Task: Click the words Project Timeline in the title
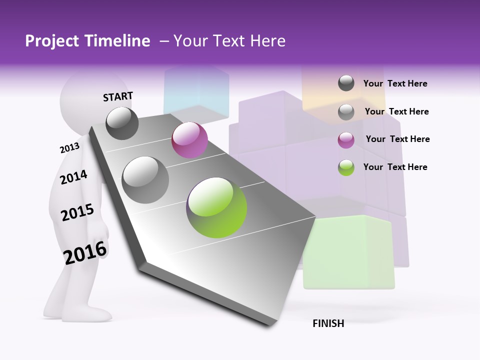[87, 41]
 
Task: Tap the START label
[118, 96]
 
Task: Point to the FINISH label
[328, 323]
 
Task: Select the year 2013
[69, 148]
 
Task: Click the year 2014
[73, 177]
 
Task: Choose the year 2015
[77, 212]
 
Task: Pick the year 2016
[85, 252]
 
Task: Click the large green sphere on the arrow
[216, 207]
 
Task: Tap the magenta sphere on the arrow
[189, 140]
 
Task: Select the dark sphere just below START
[122, 123]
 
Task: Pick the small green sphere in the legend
[346, 167]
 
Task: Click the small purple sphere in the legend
[346, 140]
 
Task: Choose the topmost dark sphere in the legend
[346, 83]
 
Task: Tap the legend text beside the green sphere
[395, 167]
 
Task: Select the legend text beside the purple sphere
[397, 139]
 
